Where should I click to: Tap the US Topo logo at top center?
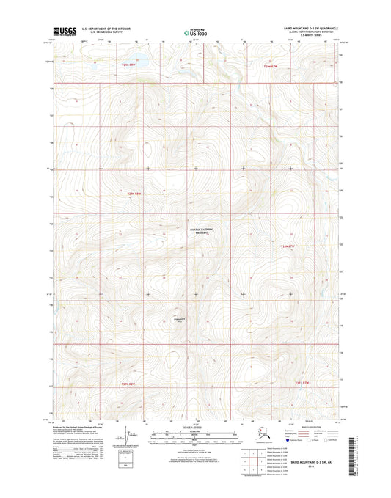(x=195, y=32)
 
